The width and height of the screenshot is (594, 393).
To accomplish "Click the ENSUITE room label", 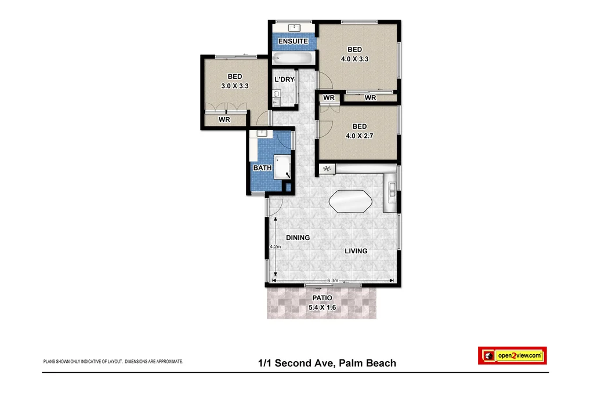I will click(x=293, y=41).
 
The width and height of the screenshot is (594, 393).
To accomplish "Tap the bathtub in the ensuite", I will click(x=294, y=59).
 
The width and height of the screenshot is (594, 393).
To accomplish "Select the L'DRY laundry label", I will click(x=284, y=79).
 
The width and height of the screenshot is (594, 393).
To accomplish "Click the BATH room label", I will click(x=262, y=168).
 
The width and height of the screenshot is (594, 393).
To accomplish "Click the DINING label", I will click(x=298, y=238).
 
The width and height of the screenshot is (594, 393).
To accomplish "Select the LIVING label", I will click(x=356, y=251).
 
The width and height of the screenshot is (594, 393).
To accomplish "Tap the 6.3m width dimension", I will click(x=332, y=281).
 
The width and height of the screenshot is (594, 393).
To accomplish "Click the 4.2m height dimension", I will click(x=275, y=247).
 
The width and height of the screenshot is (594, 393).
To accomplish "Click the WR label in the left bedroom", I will click(x=225, y=119).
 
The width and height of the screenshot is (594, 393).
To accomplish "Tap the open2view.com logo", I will click(x=512, y=355).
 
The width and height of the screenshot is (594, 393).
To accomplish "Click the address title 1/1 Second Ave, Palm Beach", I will click(x=327, y=363).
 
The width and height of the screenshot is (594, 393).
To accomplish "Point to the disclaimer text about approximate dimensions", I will click(x=113, y=361).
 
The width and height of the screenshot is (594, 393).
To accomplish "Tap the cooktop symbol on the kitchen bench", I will click(x=327, y=169).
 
